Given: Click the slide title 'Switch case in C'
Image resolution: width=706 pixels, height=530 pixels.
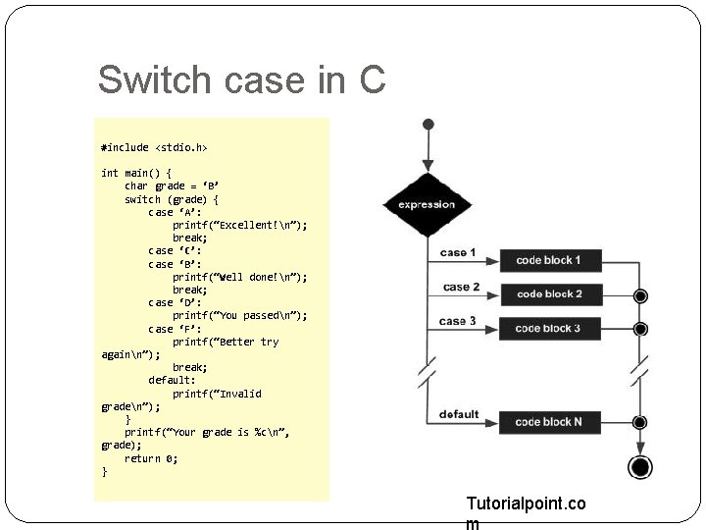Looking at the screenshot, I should (x=241, y=80).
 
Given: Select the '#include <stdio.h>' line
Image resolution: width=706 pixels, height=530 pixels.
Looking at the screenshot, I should (x=154, y=147).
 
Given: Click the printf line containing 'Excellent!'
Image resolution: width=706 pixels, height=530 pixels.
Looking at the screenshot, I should (x=239, y=225).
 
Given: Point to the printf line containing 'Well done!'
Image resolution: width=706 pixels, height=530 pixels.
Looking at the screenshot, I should (x=239, y=277).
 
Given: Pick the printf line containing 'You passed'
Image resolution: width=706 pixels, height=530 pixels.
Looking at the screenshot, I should (x=239, y=315).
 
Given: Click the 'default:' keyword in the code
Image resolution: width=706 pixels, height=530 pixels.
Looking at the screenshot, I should (x=172, y=380).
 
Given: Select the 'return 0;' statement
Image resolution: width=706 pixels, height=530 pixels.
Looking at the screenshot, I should (x=150, y=458).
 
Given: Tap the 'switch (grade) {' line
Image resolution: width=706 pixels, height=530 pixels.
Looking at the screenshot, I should (x=172, y=199).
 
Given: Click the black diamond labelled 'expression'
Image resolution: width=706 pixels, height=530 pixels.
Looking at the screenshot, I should (x=427, y=205).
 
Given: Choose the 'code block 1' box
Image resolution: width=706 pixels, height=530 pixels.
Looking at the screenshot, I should (x=548, y=260).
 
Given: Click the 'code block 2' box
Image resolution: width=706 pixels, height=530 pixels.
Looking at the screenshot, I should (x=548, y=293).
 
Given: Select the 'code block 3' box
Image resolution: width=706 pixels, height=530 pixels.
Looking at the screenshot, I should (x=548, y=328).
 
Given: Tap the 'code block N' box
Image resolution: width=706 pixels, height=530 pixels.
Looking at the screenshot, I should (x=548, y=422).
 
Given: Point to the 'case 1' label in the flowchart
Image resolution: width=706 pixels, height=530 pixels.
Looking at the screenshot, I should (x=458, y=253).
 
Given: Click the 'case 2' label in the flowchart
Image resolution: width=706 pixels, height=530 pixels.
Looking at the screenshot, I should (x=461, y=287).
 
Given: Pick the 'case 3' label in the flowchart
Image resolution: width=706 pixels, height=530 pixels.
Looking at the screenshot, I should (x=458, y=321).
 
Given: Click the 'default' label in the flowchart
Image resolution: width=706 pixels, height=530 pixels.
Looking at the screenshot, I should (x=459, y=414).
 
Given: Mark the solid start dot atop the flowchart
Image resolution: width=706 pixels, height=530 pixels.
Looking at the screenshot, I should (x=427, y=125).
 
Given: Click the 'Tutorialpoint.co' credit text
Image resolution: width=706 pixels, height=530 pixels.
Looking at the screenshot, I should (x=526, y=503).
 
